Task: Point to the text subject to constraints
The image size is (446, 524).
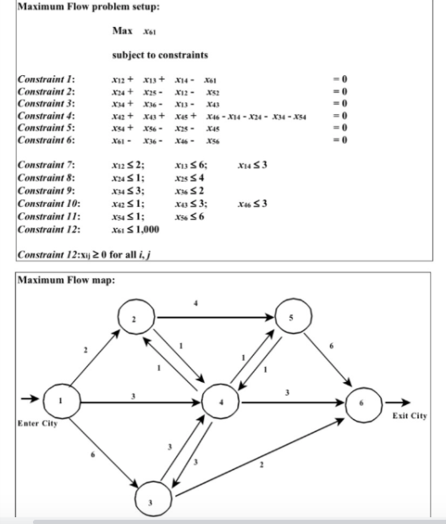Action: pos(160,55)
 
